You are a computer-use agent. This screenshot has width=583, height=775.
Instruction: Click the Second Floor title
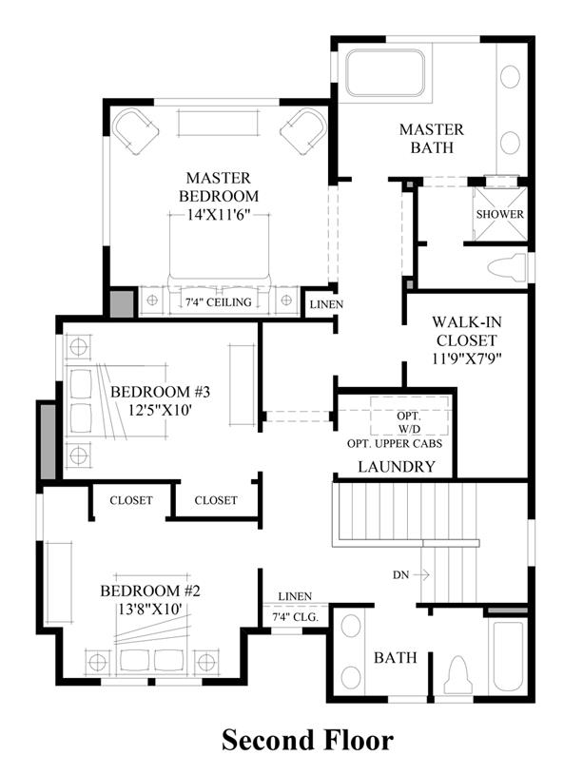click(307, 741)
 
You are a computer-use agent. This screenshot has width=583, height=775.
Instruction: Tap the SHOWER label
click(500, 214)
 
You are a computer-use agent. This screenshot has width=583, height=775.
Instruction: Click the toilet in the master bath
click(507, 268)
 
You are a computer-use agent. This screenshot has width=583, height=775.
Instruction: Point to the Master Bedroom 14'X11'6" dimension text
click(219, 215)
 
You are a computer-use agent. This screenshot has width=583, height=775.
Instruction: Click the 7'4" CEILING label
click(218, 301)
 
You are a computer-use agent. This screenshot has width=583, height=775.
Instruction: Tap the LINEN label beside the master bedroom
click(326, 304)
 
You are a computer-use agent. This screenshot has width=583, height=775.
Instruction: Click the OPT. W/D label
click(409, 422)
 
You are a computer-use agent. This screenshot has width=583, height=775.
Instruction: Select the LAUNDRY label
click(397, 466)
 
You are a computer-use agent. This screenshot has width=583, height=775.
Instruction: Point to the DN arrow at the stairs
click(420, 574)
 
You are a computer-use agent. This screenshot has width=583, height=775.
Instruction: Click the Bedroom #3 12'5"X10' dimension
click(160, 410)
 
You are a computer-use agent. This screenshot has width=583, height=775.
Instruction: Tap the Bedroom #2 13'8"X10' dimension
click(150, 609)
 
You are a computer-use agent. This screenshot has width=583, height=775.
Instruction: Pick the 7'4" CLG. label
click(295, 617)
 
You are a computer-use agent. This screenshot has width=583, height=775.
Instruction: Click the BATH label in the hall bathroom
click(395, 657)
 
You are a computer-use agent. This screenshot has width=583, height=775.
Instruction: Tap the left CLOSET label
click(131, 500)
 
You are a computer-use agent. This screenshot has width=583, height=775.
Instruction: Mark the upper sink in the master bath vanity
click(511, 77)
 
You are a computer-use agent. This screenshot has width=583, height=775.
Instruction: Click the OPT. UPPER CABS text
click(395, 443)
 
